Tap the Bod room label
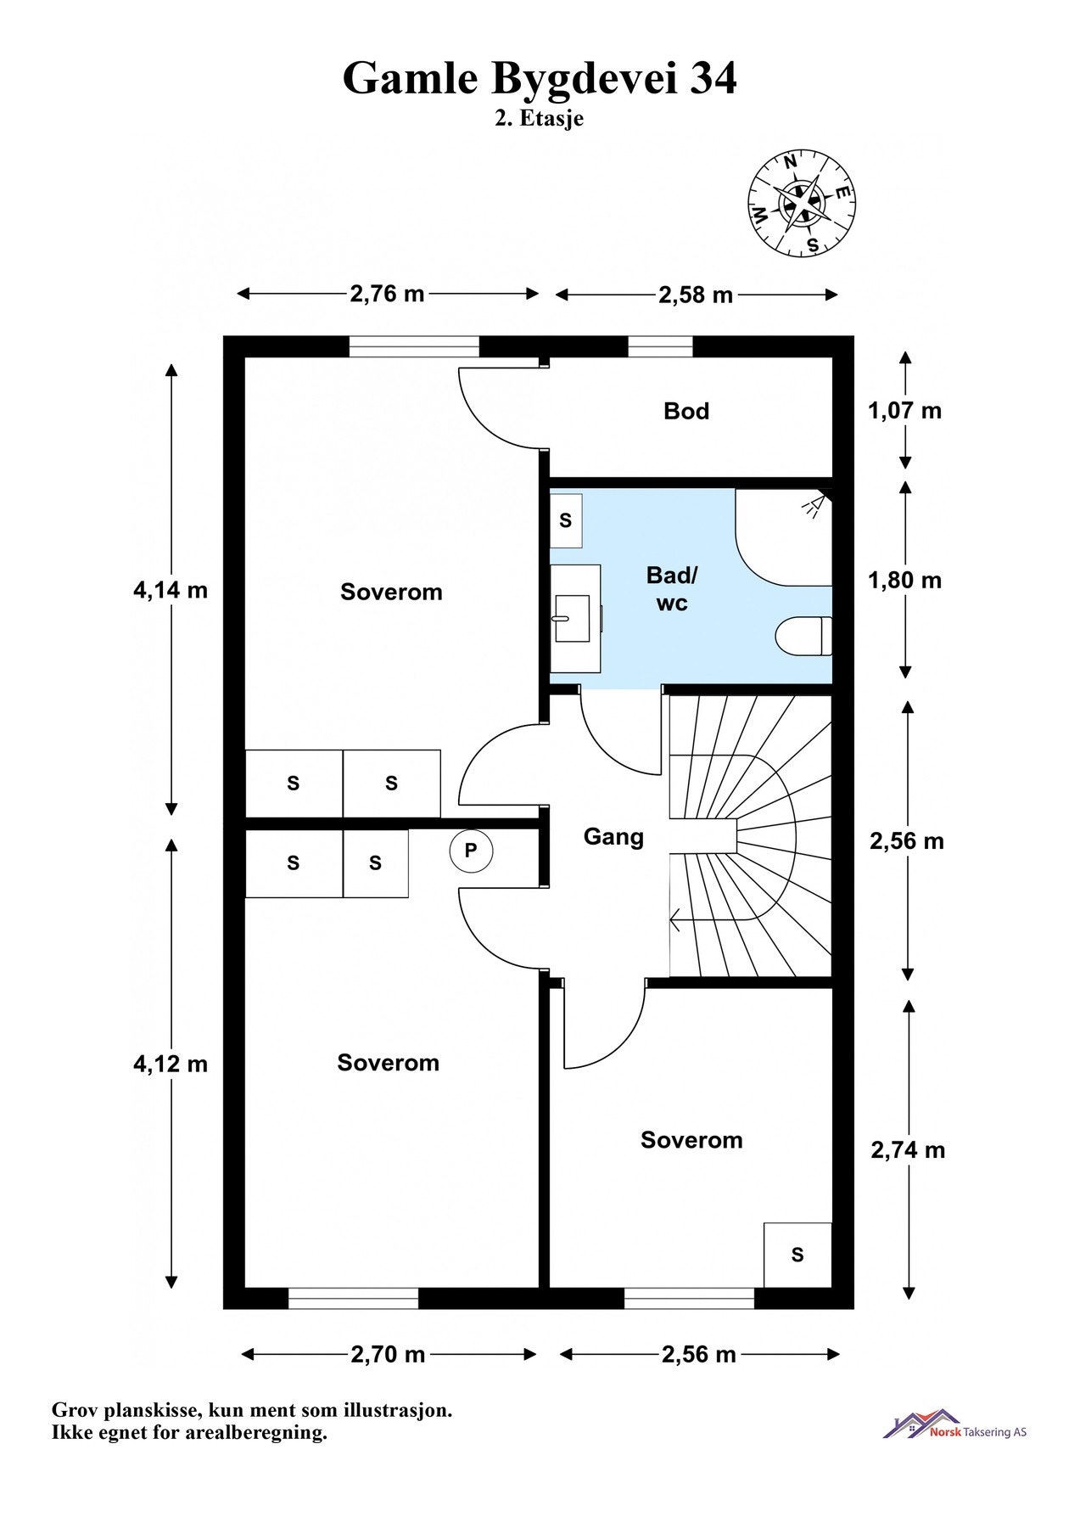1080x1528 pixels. click(686, 412)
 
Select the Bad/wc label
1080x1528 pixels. click(672, 589)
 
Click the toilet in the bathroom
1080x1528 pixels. click(803, 637)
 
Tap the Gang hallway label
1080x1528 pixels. click(613, 837)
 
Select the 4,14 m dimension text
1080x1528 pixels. click(170, 590)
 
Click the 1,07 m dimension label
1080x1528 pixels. click(904, 411)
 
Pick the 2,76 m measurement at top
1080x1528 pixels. click(387, 294)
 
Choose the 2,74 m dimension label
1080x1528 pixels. click(908, 1150)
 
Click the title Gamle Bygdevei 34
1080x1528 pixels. click(540, 78)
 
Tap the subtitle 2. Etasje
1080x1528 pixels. click(540, 119)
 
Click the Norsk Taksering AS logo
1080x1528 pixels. click(954, 1424)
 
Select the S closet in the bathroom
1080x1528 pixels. click(566, 520)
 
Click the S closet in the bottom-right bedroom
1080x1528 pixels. click(797, 1255)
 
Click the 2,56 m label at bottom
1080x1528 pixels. click(698, 1354)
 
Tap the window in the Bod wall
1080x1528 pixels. click(660, 346)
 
